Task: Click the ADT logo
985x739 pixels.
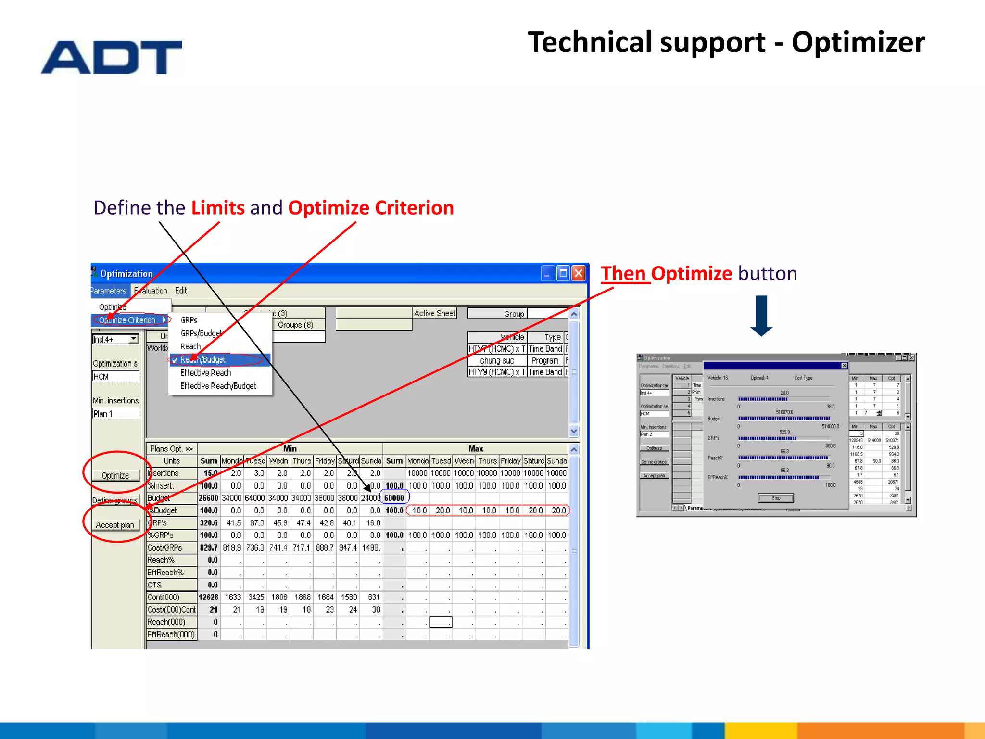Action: (112, 57)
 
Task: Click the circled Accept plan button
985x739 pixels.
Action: (115, 525)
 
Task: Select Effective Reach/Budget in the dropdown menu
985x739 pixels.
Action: (218, 386)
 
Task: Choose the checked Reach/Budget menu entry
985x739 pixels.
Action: (202, 360)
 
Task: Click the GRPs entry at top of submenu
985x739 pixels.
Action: (189, 320)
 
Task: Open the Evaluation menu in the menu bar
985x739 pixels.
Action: (151, 291)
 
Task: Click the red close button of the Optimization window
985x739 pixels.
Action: (579, 274)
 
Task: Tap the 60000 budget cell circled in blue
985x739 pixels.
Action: (394, 498)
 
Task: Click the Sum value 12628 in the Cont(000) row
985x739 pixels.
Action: (209, 597)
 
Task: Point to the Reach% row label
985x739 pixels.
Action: (161, 560)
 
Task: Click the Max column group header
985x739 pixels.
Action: (475, 448)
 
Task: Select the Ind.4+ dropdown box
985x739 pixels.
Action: (115, 339)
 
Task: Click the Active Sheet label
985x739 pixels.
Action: (434, 313)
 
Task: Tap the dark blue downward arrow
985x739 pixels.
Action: (761, 316)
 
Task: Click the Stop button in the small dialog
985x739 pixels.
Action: (776, 498)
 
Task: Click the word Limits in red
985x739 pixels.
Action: (218, 208)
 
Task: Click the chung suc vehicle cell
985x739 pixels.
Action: (497, 360)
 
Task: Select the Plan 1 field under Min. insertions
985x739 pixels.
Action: (115, 414)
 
